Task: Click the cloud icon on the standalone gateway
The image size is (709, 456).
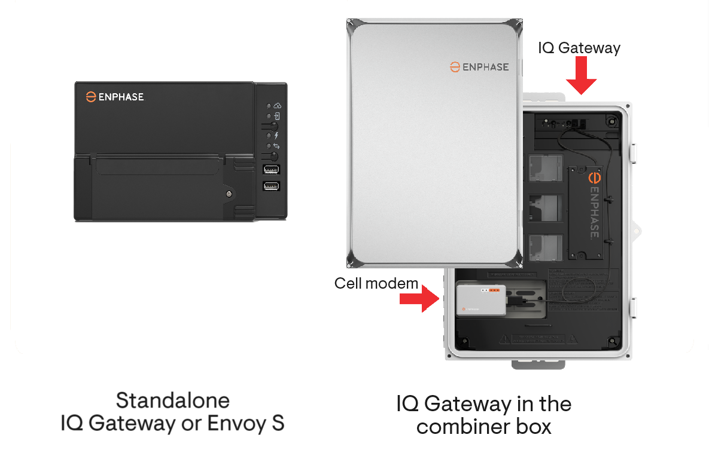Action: coord(277,105)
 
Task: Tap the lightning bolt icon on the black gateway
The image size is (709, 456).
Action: coord(276,136)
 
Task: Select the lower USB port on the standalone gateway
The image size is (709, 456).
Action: coord(271,186)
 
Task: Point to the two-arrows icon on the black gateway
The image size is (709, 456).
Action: coord(276,146)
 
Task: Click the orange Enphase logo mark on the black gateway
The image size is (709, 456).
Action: coord(91,96)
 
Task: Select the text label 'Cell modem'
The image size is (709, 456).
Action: coord(376,283)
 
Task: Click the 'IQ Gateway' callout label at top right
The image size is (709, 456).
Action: coord(579,48)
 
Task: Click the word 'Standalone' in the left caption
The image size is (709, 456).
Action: coord(172,400)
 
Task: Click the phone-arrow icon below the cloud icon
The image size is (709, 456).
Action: coord(277,116)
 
